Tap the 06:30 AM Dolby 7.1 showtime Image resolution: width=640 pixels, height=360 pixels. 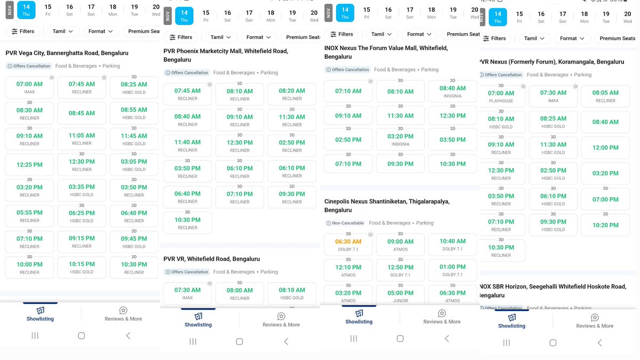coord(348,244)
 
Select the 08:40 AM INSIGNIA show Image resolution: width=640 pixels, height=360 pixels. coord(452,91)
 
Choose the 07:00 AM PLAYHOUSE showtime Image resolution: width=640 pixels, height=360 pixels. coord(501,96)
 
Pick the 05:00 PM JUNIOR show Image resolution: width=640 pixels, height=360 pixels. coord(401,295)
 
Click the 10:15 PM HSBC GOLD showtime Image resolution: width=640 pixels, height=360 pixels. coord(82,267)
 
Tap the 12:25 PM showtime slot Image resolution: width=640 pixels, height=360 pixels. coord(29,165)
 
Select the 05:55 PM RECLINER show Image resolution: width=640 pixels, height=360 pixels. coord(29,215)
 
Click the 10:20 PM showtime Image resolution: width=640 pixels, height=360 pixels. coord(605,225)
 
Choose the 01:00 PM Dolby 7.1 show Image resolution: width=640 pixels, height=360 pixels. coord(452,269)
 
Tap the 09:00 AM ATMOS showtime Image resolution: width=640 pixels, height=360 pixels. coord(401,244)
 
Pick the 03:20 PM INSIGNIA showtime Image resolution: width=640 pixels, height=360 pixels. coord(401,139)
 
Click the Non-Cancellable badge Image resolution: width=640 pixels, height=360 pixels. coord(345,223)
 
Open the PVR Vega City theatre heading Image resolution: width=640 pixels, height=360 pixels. coord(67,53)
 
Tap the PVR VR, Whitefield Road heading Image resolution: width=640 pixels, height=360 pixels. coord(212,259)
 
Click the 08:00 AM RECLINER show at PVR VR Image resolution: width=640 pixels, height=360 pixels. coord(239,293)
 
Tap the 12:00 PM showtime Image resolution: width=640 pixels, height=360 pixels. coord(605,148)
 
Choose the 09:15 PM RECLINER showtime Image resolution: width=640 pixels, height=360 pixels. coord(82,241)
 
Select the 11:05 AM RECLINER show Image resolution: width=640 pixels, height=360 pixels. coord(82,139)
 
